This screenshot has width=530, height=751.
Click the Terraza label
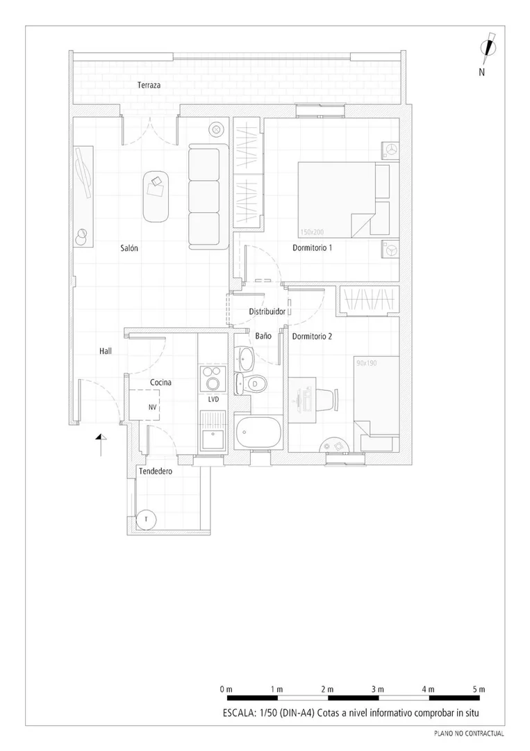149,86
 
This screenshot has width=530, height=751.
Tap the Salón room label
129,248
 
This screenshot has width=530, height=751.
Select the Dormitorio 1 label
313,248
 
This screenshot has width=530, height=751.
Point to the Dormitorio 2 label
312,337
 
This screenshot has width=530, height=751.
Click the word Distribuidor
267,312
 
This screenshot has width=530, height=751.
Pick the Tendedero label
156,471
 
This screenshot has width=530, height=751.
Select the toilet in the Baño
251,384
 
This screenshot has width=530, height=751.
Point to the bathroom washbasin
247,358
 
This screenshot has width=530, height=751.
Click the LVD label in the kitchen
213,399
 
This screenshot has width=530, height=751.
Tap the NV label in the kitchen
153,407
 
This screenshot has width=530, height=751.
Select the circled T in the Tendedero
145,519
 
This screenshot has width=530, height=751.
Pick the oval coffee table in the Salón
156,196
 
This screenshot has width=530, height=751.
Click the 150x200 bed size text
312,232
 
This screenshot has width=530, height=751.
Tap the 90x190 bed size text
366,363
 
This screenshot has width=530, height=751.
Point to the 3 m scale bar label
378,689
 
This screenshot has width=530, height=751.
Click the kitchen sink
213,439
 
